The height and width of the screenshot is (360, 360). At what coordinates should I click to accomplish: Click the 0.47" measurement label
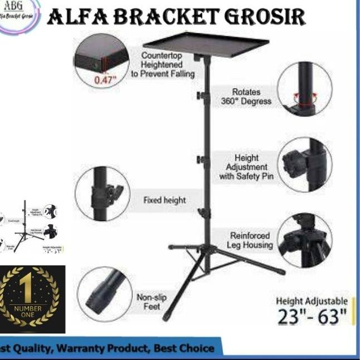pyautogui.click(x=105, y=80)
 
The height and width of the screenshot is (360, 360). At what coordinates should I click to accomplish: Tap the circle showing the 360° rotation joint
pyautogui.click(x=304, y=88)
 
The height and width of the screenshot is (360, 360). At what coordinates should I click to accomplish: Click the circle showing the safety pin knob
pyautogui.click(x=304, y=165)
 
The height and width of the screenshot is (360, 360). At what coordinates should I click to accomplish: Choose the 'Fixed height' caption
pyautogui.click(x=165, y=200)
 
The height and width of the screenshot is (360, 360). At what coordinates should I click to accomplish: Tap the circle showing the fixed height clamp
pyautogui.click(x=102, y=193)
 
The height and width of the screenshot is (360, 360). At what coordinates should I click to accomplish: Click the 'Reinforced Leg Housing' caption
pyautogui.click(x=250, y=240)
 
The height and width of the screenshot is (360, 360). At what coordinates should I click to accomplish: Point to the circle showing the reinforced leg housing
pyautogui.click(x=304, y=240)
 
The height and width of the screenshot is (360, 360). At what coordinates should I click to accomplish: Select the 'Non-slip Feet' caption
pyautogui.click(x=151, y=302)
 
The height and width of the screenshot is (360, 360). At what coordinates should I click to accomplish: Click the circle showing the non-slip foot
pyautogui.click(x=105, y=295)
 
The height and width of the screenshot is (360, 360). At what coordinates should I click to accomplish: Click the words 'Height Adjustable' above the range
pyautogui.click(x=312, y=300)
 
